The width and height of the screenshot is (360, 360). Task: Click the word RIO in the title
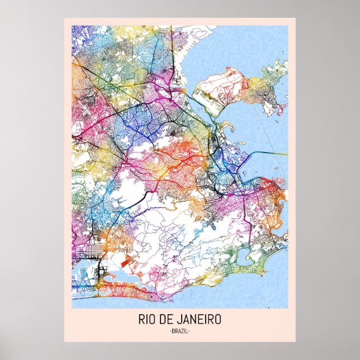tap(148, 320)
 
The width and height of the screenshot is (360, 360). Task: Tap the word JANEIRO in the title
tap(199, 320)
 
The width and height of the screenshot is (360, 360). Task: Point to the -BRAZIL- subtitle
tap(179, 331)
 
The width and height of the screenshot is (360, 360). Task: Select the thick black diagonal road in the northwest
tap(95, 84)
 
